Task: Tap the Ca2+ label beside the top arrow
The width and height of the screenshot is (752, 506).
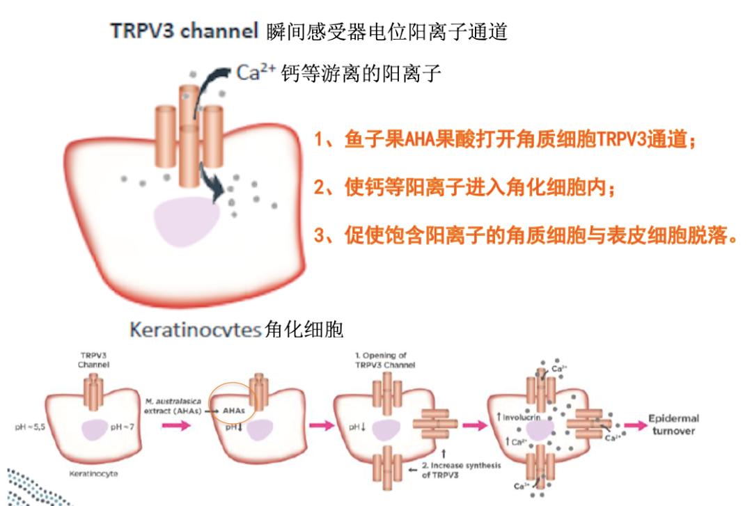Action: click(x=256, y=72)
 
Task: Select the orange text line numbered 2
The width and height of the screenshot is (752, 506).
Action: click(x=464, y=187)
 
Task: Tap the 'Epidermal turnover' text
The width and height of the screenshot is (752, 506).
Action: click(x=673, y=425)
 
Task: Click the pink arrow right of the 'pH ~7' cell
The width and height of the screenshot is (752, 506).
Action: click(x=174, y=426)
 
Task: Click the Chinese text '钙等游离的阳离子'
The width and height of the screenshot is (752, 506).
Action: click(x=361, y=74)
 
